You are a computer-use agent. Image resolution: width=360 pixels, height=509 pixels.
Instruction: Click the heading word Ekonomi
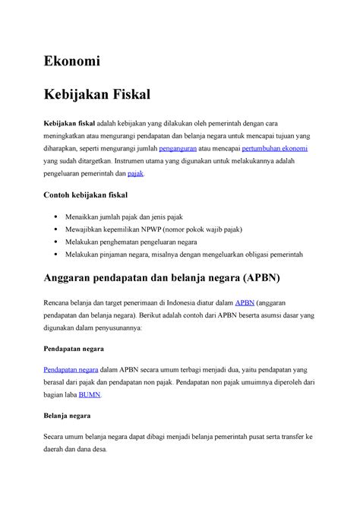pos(72,60)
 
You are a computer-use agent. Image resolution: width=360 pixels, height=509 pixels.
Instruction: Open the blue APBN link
pos(247,302)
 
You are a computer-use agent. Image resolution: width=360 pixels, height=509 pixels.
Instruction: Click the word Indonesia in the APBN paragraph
pos(184,302)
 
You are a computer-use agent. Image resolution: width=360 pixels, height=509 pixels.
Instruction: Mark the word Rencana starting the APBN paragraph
pos(58,302)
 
